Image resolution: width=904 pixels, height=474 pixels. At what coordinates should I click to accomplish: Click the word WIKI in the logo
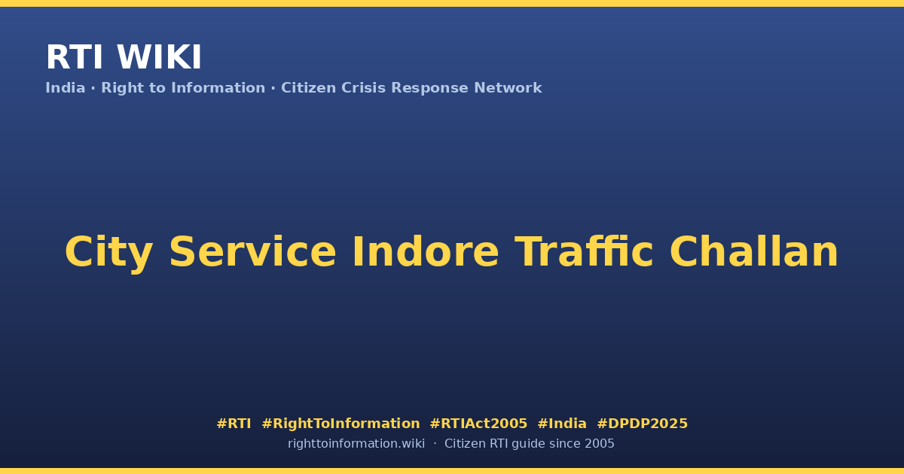point(159,57)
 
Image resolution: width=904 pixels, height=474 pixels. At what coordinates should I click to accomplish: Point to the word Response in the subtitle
point(429,89)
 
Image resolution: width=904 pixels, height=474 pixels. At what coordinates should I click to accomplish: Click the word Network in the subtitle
point(508,88)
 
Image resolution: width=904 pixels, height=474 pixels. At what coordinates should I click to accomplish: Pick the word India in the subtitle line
point(66,88)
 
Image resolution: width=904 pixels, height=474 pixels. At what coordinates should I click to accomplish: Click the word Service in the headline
point(253,252)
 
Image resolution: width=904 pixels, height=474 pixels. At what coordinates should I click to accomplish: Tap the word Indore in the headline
point(426,251)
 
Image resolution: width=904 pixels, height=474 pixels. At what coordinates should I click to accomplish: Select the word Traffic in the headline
point(584,251)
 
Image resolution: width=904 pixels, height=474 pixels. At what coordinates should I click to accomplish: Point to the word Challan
point(754,251)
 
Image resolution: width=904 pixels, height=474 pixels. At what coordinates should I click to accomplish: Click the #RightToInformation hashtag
point(341,424)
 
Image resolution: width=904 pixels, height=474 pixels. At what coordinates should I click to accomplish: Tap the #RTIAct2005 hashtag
point(478,424)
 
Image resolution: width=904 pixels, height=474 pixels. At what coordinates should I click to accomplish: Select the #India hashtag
point(562,424)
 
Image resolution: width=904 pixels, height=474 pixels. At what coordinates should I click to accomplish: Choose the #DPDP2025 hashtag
point(642,424)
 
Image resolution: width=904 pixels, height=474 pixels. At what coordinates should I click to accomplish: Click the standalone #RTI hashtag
point(234,424)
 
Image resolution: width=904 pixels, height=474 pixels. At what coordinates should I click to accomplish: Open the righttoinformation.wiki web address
point(356,444)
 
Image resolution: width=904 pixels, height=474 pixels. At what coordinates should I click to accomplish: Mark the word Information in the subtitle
point(218,88)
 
